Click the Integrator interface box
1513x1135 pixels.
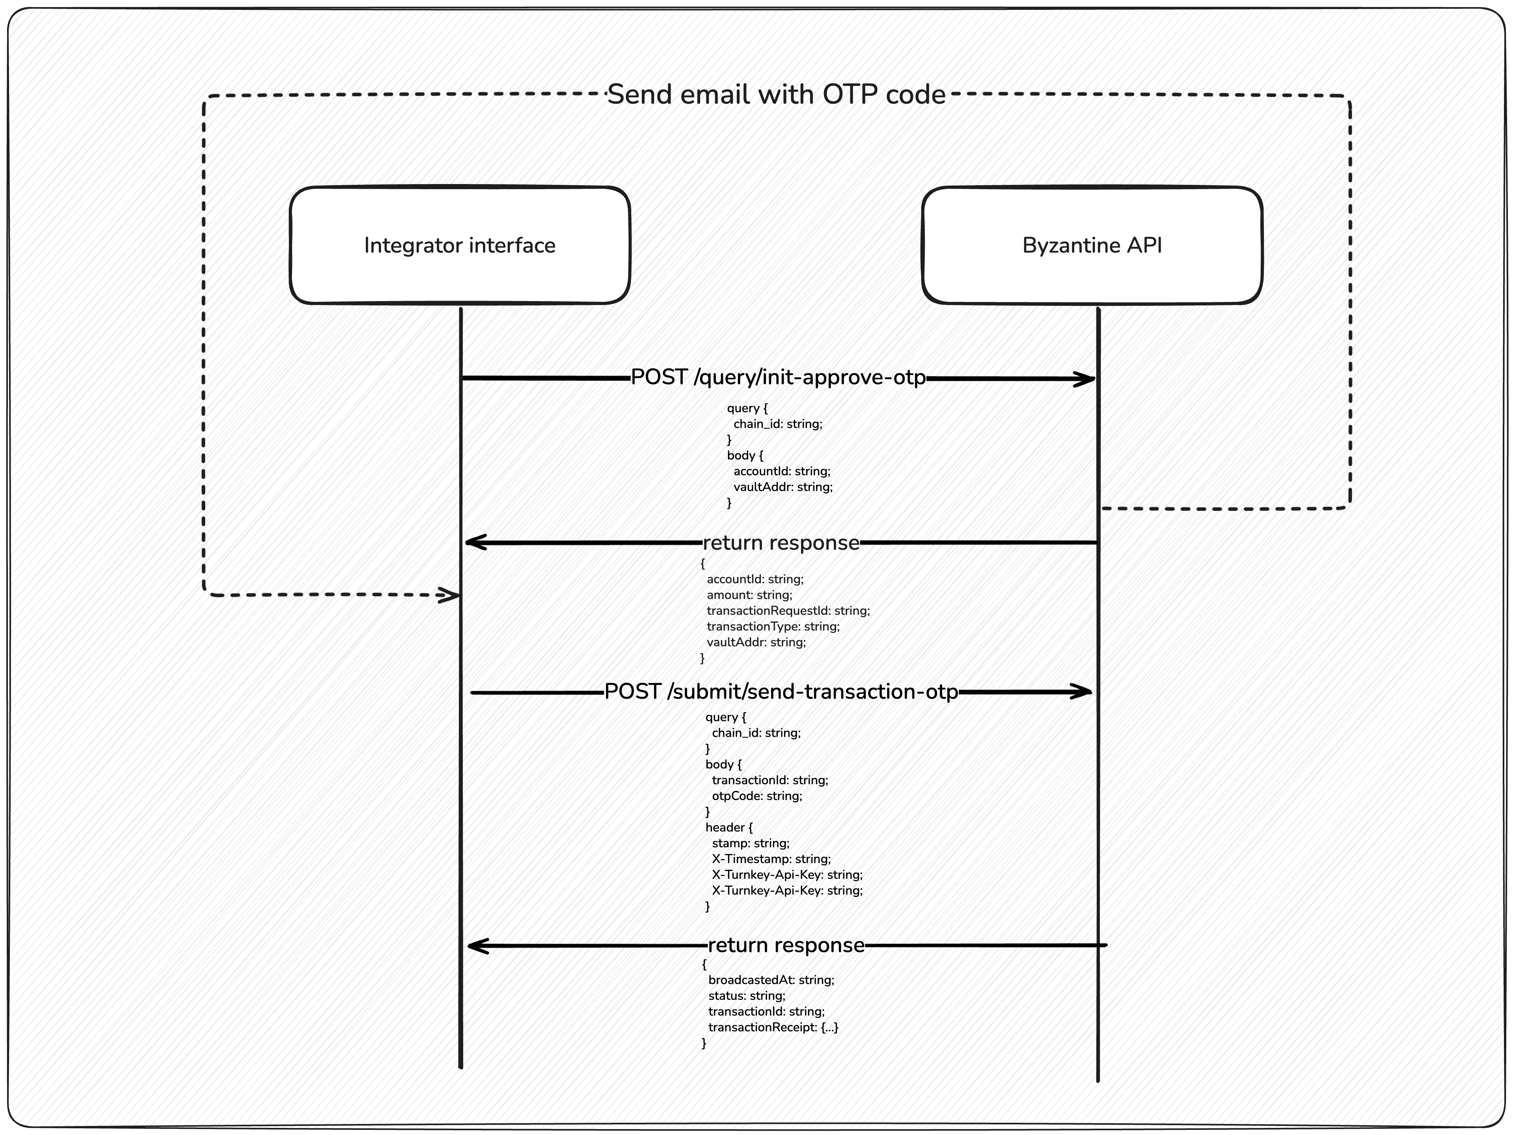click(x=460, y=245)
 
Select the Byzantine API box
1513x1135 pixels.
click(x=1092, y=245)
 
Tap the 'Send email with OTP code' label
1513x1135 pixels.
click(x=776, y=94)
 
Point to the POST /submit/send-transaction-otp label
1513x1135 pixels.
click(x=781, y=692)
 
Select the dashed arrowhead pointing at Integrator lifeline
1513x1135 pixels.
click(x=451, y=595)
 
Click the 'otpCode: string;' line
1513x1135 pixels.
click(x=756, y=796)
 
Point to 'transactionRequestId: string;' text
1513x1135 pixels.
click(x=788, y=610)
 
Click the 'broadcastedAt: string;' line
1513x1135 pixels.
click(x=771, y=980)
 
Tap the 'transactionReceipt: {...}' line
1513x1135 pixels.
click(x=773, y=1027)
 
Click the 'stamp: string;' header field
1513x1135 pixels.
click(x=750, y=843)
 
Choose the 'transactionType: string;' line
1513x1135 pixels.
click(x=773, y=626)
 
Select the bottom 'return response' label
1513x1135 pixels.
click(x=786, y=945)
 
